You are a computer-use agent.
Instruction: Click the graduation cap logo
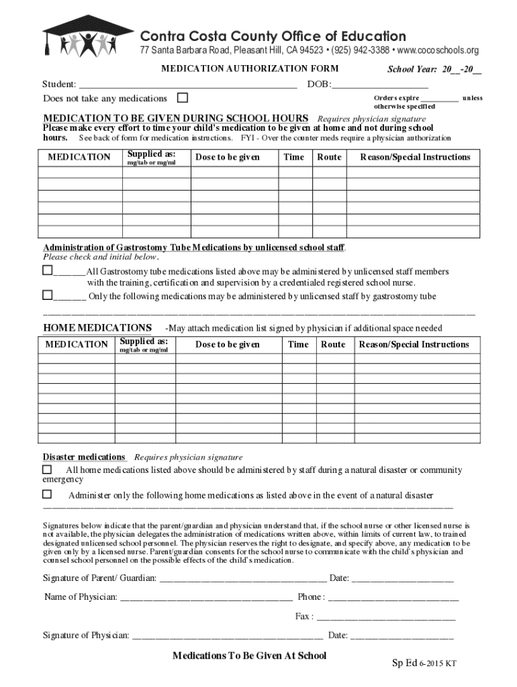click(x=88, y=36)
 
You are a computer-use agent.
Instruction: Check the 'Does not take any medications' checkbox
click(x=181, y=98)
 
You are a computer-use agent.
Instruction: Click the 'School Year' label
click(x=412, y=70)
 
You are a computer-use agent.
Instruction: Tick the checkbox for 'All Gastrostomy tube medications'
click(x=48, y=270)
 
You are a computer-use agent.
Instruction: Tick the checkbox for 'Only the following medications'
click(x=48, y=295)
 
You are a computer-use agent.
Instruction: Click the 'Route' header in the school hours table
click(x=329, y=157)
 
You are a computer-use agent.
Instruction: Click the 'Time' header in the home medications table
click(x=298, y=344)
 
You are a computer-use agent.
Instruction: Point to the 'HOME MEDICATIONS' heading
click(x=97, y=327)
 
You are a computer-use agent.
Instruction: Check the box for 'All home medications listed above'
click(x=48, y=469)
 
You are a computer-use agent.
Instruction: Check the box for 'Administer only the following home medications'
click(x=48, y=494)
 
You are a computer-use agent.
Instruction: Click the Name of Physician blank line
click(x=205, y=598)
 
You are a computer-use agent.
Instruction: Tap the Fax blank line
click(x=385, y=617)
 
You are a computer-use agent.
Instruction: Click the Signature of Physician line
click(x=228, y=636)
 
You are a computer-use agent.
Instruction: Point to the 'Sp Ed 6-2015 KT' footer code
click(x=424, y=664)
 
